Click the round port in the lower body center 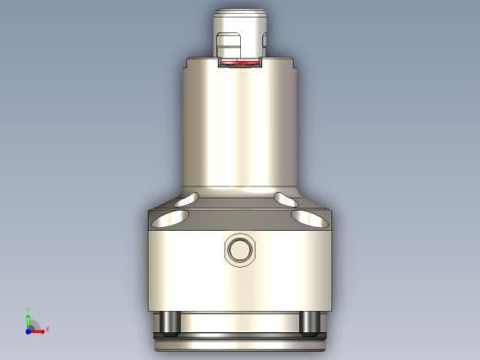pyautogui.click(x=240, y=249)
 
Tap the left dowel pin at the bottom pyautogui.click(x=169, y=322)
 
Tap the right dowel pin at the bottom pyautogui.click(x=311, y=322)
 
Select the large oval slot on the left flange pyautogui.click(x=173, y=218)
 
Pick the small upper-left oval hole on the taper pyautogui.click(x=189, y=198)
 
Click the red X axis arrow pyautogui.click(x=39, y=329)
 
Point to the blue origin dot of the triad pyautogui.click(x=28, y=329)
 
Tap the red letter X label pyautogui.click(x=47, y=329)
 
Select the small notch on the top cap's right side pyautogui.click(x=263, y=42)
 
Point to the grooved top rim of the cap pyautogui.click(x=240, y=15)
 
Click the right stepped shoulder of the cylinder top pyautogui.click(x=290, y=65)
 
